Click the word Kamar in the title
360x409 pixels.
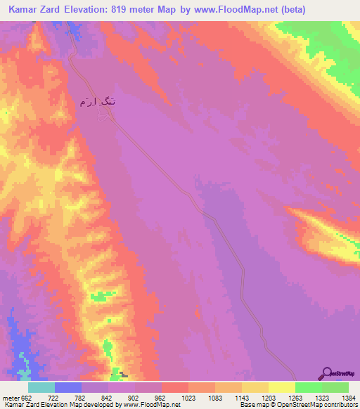pyautogui.click(x=26, y=10)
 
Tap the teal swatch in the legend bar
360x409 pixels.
pyautogui.click(x=41, y=388)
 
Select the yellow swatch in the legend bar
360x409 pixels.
pyautogui.click(x=282, y=388)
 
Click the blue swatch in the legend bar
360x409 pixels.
pyautogui.click(x=68, y=388)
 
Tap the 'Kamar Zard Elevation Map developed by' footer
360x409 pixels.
pyautogui.click(x=49, y=405)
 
